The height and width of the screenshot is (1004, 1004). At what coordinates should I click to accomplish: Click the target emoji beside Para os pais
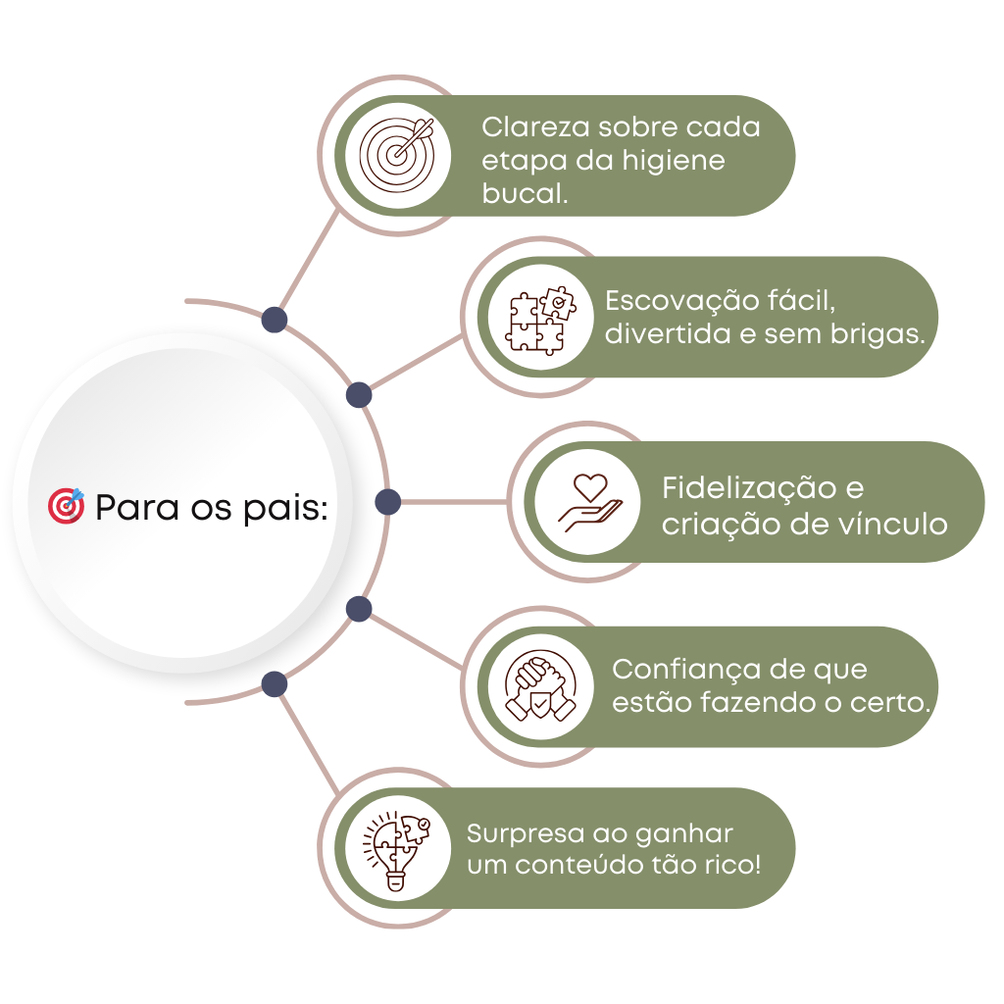click(67, 506)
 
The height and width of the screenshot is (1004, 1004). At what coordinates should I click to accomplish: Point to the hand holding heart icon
click(588, 501)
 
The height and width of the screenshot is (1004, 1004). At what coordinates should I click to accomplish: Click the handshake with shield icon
click(540, 686)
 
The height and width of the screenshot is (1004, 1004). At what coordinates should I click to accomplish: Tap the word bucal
click(525, 192)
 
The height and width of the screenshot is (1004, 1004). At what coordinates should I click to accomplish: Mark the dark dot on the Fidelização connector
click(388, 502)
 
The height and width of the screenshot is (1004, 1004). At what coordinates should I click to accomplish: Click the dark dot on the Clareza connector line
click(275, 320)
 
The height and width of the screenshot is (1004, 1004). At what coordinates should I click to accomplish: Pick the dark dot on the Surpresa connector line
click(275, 684)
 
